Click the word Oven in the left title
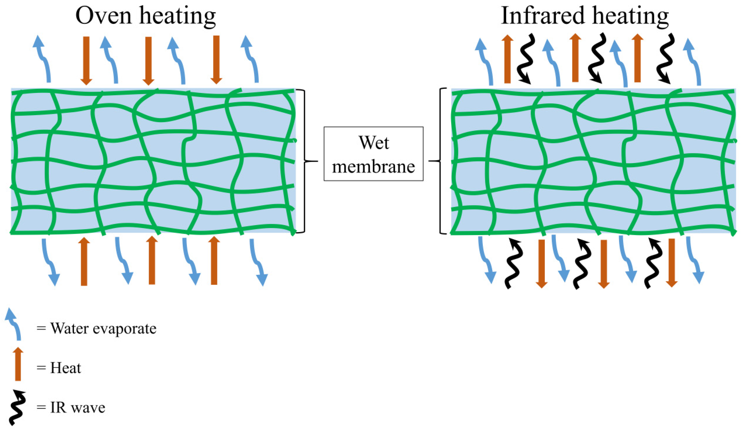103,16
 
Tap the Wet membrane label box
373,154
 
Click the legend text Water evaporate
103,328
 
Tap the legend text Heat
65,368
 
